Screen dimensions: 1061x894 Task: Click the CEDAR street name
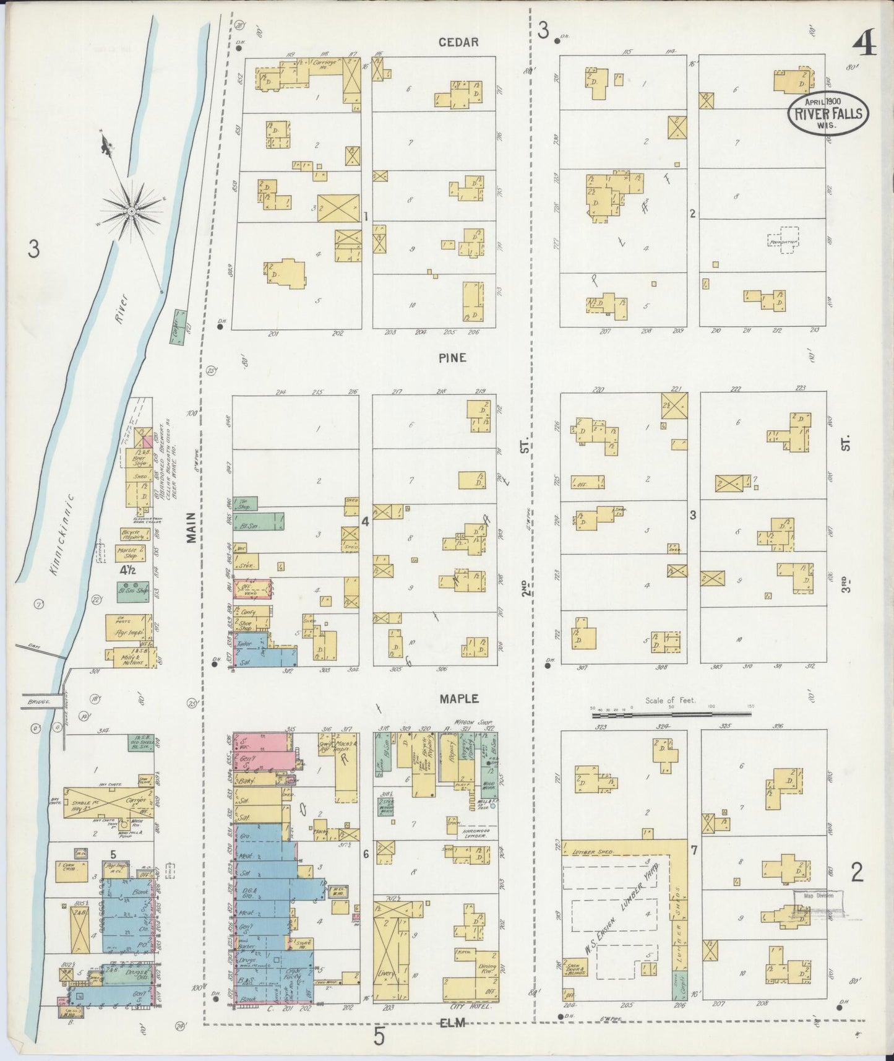coord(458,42)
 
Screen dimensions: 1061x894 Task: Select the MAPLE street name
coord(459,698)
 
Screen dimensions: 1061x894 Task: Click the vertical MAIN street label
coord(191,527)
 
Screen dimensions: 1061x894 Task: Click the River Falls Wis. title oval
coord(828,113)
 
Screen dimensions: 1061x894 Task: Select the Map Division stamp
coord(815,896)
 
